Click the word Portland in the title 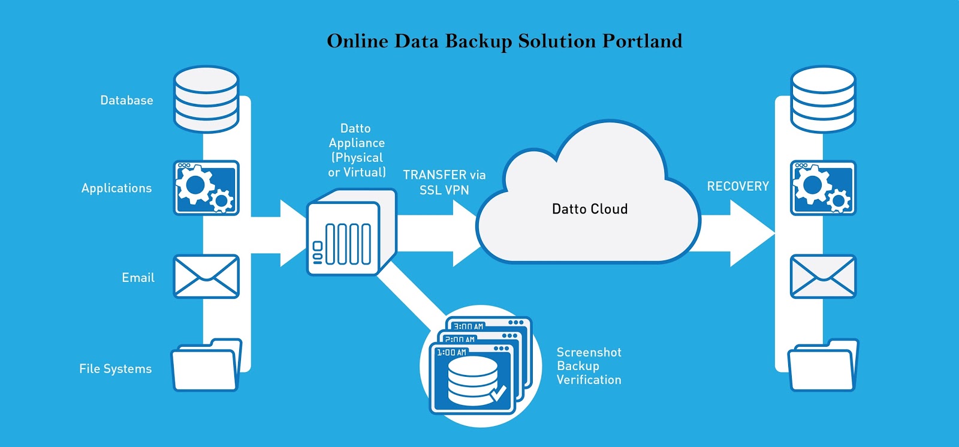(x=642, y=41)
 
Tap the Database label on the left (x=126, y=100)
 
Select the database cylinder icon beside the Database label (x=206, y=99)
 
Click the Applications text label (x=116, y=188)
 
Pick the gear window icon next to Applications (x=206, y=188)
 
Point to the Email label (x=138, y=277)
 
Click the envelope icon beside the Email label (x=206, y=277)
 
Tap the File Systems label (x=115, y=368)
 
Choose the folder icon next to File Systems (x=206, y=365)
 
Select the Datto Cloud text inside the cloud (x=590, y=209)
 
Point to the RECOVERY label (x=738, y=186)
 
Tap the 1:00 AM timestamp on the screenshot (x=451, y=352)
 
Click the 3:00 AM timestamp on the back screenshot (x=468, y=326)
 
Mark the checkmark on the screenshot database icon (x=498, y=394)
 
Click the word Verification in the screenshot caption (x=589, y=380)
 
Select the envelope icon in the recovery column (x=823, y=277)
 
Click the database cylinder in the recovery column (x=823, y=99)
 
